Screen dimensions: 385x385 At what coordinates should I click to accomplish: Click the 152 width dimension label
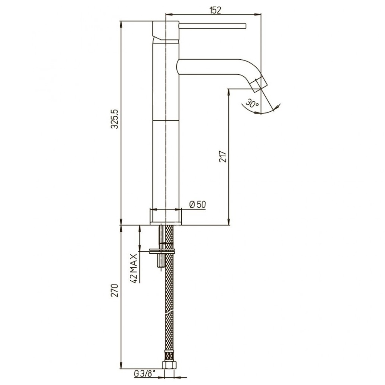point(215,10)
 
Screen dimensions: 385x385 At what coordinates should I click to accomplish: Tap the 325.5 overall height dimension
point(115,119)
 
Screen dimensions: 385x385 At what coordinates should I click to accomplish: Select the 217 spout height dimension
point(223,156)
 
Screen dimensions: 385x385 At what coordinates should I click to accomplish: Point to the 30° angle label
point(253,103)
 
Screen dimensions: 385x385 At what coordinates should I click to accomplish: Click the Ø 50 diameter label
point(198,204)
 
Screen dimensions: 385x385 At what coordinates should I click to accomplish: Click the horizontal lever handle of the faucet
point(213,26)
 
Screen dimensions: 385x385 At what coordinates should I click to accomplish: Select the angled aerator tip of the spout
point(259,85)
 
